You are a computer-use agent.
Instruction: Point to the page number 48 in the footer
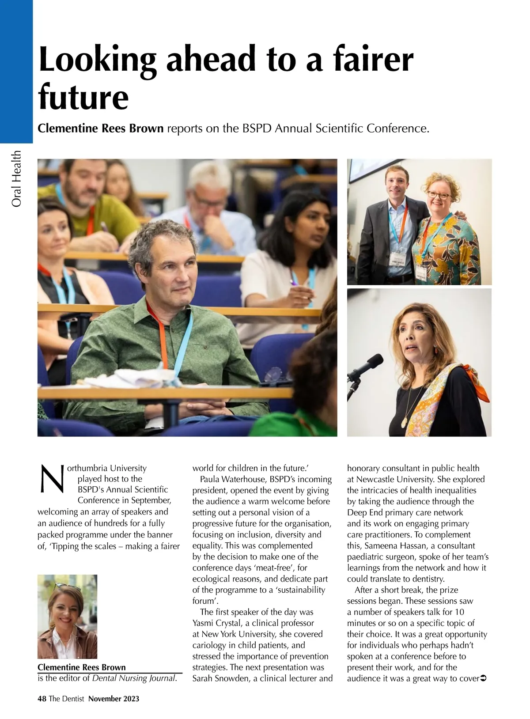[42, 698]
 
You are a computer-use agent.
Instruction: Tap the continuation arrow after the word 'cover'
[483, 678]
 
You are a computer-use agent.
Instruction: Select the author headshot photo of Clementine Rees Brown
[67, 617]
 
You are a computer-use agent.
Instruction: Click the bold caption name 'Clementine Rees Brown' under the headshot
[82, 667]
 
